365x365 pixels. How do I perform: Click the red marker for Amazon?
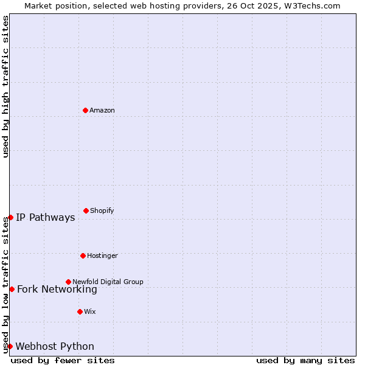coord(85,110)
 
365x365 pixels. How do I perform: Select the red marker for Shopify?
coord(86,210)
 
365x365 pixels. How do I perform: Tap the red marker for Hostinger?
coord(83,255)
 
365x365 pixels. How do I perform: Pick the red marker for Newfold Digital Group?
coord(68,282)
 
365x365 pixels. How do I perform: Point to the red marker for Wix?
coord(80,311)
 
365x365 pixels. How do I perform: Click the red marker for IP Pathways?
coord(10,217)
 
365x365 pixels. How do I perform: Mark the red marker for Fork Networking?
coord(12,289)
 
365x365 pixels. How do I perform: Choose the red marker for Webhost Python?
coord(10,346)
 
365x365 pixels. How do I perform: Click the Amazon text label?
coord(102,110)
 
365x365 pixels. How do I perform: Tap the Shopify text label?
coord(102,210)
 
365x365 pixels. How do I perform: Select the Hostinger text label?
coord(102,255)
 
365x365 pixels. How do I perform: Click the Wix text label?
coord(90,311)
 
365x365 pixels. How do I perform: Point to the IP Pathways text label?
coord(46,218)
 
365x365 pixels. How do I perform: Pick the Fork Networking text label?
coord(57,290)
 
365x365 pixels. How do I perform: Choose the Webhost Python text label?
coord(55,347)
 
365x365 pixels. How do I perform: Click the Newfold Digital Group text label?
coord(108,282)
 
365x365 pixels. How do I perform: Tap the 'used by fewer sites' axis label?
coord(63,360)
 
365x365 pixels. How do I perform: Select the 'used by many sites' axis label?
coord(305,360)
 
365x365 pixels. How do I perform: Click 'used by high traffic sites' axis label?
coord(6,86)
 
